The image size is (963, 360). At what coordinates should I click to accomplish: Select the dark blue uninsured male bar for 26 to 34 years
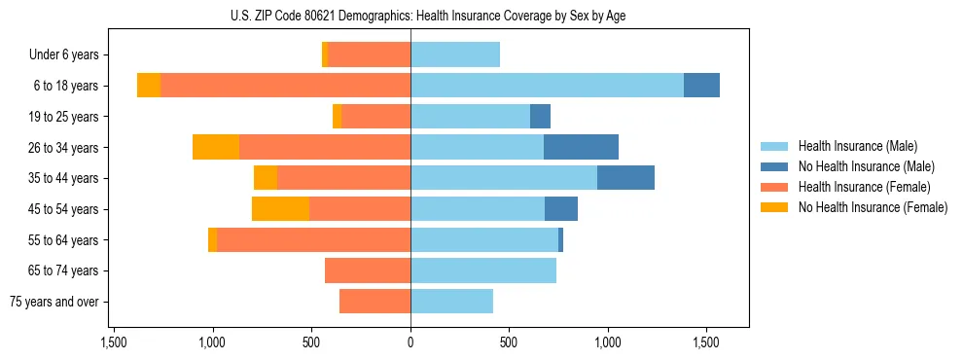tap(581, 147)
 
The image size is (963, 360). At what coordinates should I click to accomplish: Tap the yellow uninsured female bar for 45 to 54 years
tap(280, 209)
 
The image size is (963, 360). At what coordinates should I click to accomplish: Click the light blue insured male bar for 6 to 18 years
tap(547, 86)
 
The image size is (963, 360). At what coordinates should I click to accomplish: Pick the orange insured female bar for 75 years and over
tap(374, 302)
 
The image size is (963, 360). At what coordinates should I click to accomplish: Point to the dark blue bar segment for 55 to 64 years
tap(561, 240)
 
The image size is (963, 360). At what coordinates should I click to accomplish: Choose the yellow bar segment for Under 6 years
tap(325, 54)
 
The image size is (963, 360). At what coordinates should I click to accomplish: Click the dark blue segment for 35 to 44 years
tap(625, 178)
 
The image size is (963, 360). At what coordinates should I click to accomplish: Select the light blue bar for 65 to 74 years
tap(483, 270)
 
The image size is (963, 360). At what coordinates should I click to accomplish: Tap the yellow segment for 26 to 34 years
tap(216, 147)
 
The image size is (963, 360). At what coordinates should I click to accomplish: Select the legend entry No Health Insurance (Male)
tap(866, 166)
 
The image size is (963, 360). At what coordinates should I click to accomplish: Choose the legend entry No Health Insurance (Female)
tap(873, 207)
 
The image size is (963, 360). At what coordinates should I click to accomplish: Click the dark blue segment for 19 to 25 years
tap(540, 117)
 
